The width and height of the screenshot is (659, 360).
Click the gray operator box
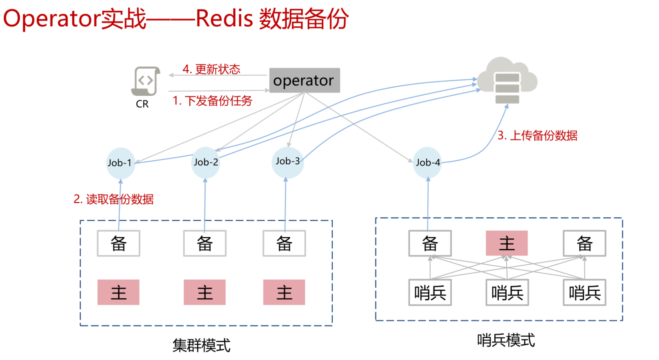pyautogui.click(x=304, y=81)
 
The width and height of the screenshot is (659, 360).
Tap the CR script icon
pyautogui.click(x=145, y=81)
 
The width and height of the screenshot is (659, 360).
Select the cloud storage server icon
pyautogui.click(x=507, y=81)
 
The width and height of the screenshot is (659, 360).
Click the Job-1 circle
pyautogui.click(x=120, y=163)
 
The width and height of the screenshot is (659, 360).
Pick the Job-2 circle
pyautogui.click(x=206, y=163)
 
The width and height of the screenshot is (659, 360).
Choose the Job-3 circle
pyautogui.click(x=288, y=162)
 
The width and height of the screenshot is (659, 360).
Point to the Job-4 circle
pyautogui.click(x=428, y=163)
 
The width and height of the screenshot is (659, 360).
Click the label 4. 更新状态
pyautogui.click(x=211, y=69)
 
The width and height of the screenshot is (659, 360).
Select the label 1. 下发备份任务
pyautogui.click(x=212, y=101)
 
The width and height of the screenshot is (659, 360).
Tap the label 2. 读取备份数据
pyautogui.click(x=113, y=199)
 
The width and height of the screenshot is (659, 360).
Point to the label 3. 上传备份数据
pyautogui.click(x=537, y=136)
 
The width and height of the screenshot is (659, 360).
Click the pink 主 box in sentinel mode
pyautogui.click(x=507, y=243)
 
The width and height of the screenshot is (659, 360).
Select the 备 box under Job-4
pyautogui.click(x=430, y=243)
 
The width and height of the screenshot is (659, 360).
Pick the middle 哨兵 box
pyautogui.click(x=507, y=293)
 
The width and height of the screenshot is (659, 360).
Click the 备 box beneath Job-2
pyautogui.click(x=205, y=243)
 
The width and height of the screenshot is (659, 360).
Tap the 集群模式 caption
pyautogui.click(x=201, y=345)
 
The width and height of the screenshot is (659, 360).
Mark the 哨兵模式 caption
pyautogui.click(x=506, y=340)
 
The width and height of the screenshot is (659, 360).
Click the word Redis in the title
pyautogui.click(x=224, y=18)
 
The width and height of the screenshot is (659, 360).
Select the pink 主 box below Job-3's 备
pyautogui.click(x=284, y=292)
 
